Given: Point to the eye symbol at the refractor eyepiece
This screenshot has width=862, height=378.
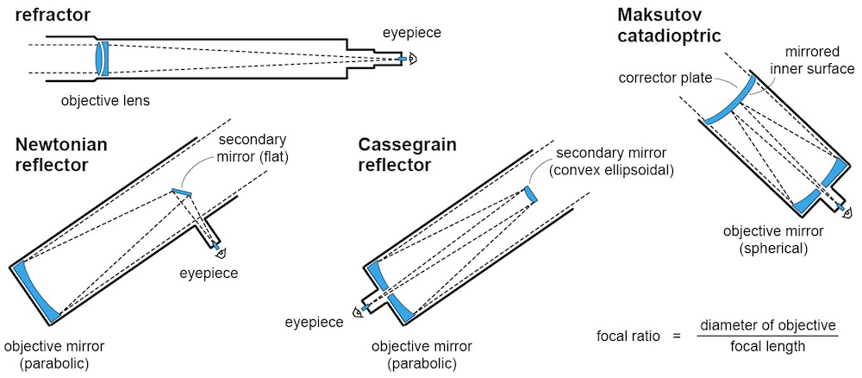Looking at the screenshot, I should [413, 59].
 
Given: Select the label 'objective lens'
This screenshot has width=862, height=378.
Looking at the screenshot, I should [105, 101].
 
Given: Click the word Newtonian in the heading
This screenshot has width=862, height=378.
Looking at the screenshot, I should [61, 144].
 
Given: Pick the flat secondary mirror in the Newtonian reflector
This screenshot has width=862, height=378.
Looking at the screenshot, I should [182, 192].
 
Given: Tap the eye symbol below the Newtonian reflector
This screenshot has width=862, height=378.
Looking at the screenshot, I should [222, 252].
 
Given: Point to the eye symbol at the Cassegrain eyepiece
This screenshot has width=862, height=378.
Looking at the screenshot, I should [354, 312].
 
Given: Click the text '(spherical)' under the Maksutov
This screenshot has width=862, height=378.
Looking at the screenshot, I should [774, 248].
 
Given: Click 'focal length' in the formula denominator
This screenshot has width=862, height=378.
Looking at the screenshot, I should [768, 346].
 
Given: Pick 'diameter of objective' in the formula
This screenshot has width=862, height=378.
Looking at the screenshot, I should [768, 324].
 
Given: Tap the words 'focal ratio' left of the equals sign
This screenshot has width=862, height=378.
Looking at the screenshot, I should [628, 335].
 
